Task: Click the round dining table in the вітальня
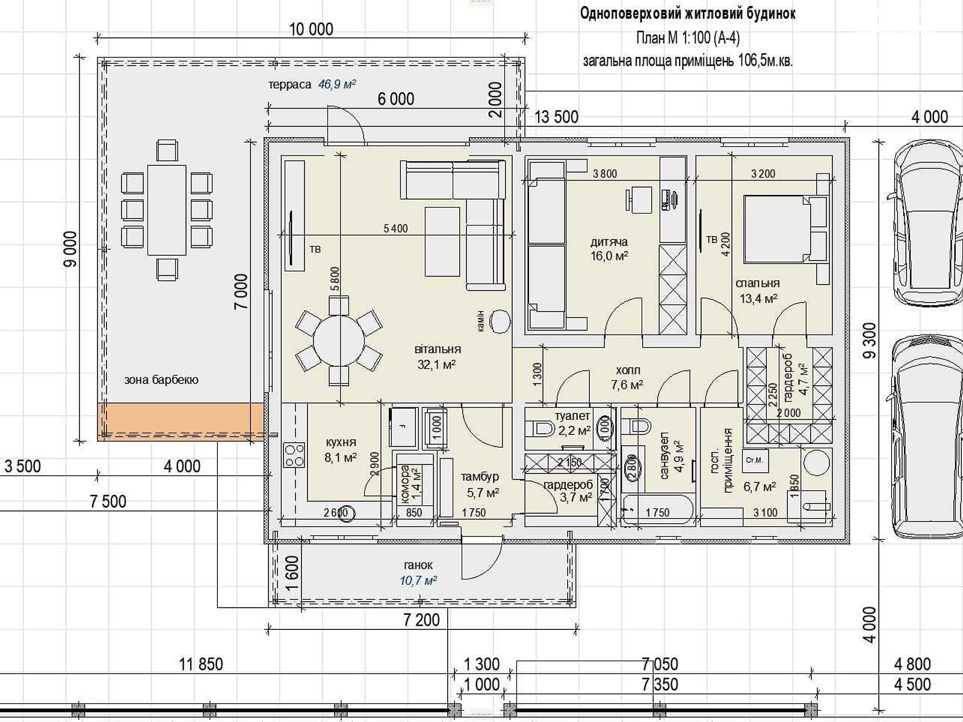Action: point(339,341)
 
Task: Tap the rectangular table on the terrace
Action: point(167,210)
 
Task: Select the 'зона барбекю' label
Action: point(161,380)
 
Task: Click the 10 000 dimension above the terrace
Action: point(311,29)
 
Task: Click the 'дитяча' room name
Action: point(608,241)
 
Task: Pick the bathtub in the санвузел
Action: point(657,510)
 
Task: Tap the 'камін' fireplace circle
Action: point(500,321)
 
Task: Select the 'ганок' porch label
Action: point(418,565)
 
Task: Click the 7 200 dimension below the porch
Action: point(421,620)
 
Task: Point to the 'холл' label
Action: point(628,370)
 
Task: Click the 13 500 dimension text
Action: point(556,117)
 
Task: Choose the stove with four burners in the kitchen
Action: point(294,455)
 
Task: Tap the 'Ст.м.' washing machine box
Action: point(755,460)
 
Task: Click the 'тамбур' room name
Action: point(480,477)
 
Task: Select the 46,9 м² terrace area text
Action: point(336,84)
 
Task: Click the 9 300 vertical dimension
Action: point(869,341)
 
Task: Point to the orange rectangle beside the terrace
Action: point(180,422)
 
